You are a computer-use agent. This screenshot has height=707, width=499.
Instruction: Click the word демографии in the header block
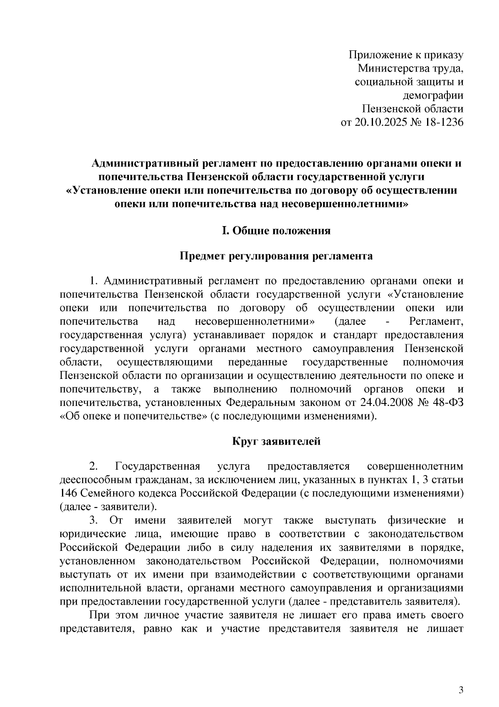click(433, 95)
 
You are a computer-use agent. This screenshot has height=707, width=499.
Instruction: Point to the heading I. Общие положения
click(276, 230)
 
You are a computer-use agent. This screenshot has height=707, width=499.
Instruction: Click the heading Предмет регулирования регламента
click(276, 256)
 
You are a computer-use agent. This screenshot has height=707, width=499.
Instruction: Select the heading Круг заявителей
click(276, 441)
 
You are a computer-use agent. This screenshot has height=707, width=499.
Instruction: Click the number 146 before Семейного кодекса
click(68, 493)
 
